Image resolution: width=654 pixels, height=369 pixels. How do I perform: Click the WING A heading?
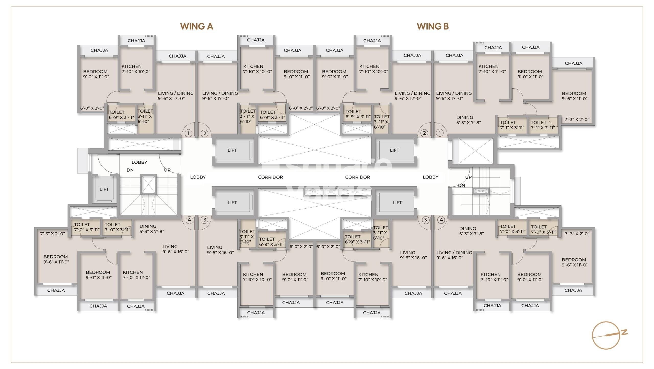click(x=196, y=26)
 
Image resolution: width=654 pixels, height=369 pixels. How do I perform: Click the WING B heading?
click(x=433, y=26)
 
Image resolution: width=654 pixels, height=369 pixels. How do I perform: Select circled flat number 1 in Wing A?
click(x=189, y=133)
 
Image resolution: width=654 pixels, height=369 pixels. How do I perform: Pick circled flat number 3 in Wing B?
click(x=425, y=220)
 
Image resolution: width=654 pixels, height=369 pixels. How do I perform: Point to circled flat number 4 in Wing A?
click(x=189, y=220)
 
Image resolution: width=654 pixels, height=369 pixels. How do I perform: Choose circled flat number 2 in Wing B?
click(x=424, y=133)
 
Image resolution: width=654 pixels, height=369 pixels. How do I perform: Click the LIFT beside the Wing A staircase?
click(x=104, y=189)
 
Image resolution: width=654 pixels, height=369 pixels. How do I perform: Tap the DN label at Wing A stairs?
click(x=130, y=170)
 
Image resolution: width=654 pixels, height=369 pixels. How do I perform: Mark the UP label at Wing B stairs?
click(x=468, y=177)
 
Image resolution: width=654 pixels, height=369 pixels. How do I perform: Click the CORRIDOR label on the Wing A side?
click(x=270, y=177)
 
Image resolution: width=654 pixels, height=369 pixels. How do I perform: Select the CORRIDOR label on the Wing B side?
click(x=357, y=177)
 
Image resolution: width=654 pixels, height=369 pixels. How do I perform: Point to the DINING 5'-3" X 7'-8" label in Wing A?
click(x=152, y=229)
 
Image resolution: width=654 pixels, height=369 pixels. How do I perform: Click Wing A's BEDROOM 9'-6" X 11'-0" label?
click(x=56, y=259)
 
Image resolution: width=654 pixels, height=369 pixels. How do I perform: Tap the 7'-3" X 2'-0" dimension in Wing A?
click(x=53, y=234)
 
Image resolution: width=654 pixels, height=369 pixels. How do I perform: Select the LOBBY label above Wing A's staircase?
click(x=139, y=162)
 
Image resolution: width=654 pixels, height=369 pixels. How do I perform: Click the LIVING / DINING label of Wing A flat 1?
click(x=176, y=96)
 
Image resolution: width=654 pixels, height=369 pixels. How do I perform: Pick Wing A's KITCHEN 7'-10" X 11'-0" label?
click(x=136, y=275)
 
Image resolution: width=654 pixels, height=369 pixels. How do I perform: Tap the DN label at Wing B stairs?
click(x=461, y=185)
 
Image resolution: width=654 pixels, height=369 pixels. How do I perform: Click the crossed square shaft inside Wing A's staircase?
click(x=148, y=184)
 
